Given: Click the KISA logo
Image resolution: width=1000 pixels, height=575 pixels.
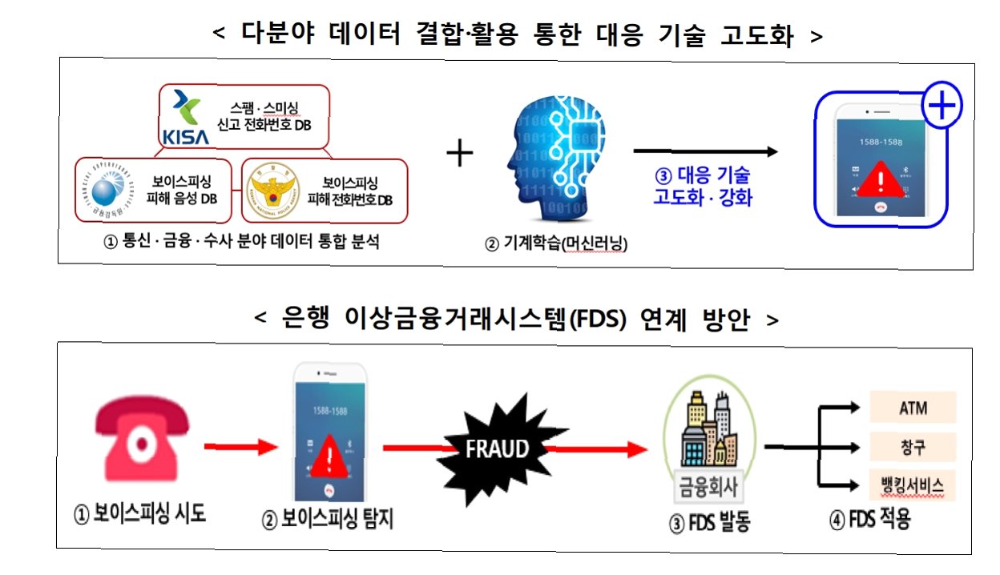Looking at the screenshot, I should pyautogui.click(x=185, y=118).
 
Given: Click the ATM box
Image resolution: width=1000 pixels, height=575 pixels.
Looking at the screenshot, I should pyautogui.click(x=913, y=407).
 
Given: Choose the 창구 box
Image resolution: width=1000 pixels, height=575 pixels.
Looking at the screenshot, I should pyautogui.click(x=913, y=445).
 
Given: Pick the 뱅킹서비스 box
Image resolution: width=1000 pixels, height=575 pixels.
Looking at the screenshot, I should pyautogui.click(x=913, y=485).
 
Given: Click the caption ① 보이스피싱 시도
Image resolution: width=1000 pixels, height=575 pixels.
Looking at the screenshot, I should pyautogui.click(x=139, y=513).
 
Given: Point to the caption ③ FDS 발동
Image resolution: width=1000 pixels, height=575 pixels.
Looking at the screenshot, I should pyautogui.click(x=709, y=525).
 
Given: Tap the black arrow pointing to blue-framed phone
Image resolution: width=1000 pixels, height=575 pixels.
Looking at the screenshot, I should pyautogui.click(x=705, y=151).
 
